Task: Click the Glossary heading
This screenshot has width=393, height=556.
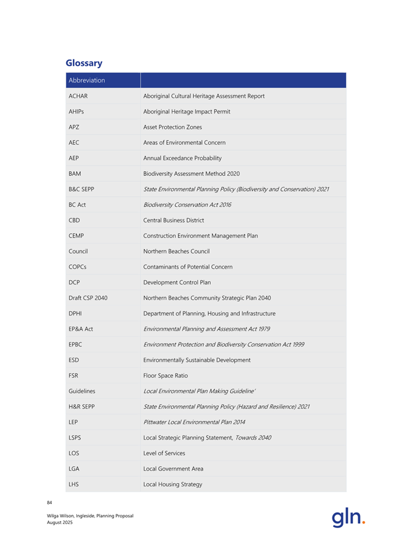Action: click(84, 63)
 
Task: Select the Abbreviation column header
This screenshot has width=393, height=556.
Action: click(87, 80)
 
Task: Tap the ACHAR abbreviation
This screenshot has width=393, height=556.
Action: click(78, 95)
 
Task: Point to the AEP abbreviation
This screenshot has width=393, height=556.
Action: click(74, 158)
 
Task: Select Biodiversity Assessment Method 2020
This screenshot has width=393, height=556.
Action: click(191, 173)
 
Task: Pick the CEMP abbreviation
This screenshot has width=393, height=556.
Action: click(77, 236)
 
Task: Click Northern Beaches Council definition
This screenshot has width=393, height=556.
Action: click(176, 252)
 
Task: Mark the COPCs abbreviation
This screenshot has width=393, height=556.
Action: click(77, 267)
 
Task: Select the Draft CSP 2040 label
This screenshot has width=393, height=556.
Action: click(88, 298)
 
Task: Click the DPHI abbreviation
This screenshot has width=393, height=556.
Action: click(76, 313)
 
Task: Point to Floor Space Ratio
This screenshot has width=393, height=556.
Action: click(165, 376)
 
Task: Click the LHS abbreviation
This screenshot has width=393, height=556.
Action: click(73, 484)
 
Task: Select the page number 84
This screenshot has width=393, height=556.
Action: click(50, 502)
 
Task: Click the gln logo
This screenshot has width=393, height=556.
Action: click(348, 518)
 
